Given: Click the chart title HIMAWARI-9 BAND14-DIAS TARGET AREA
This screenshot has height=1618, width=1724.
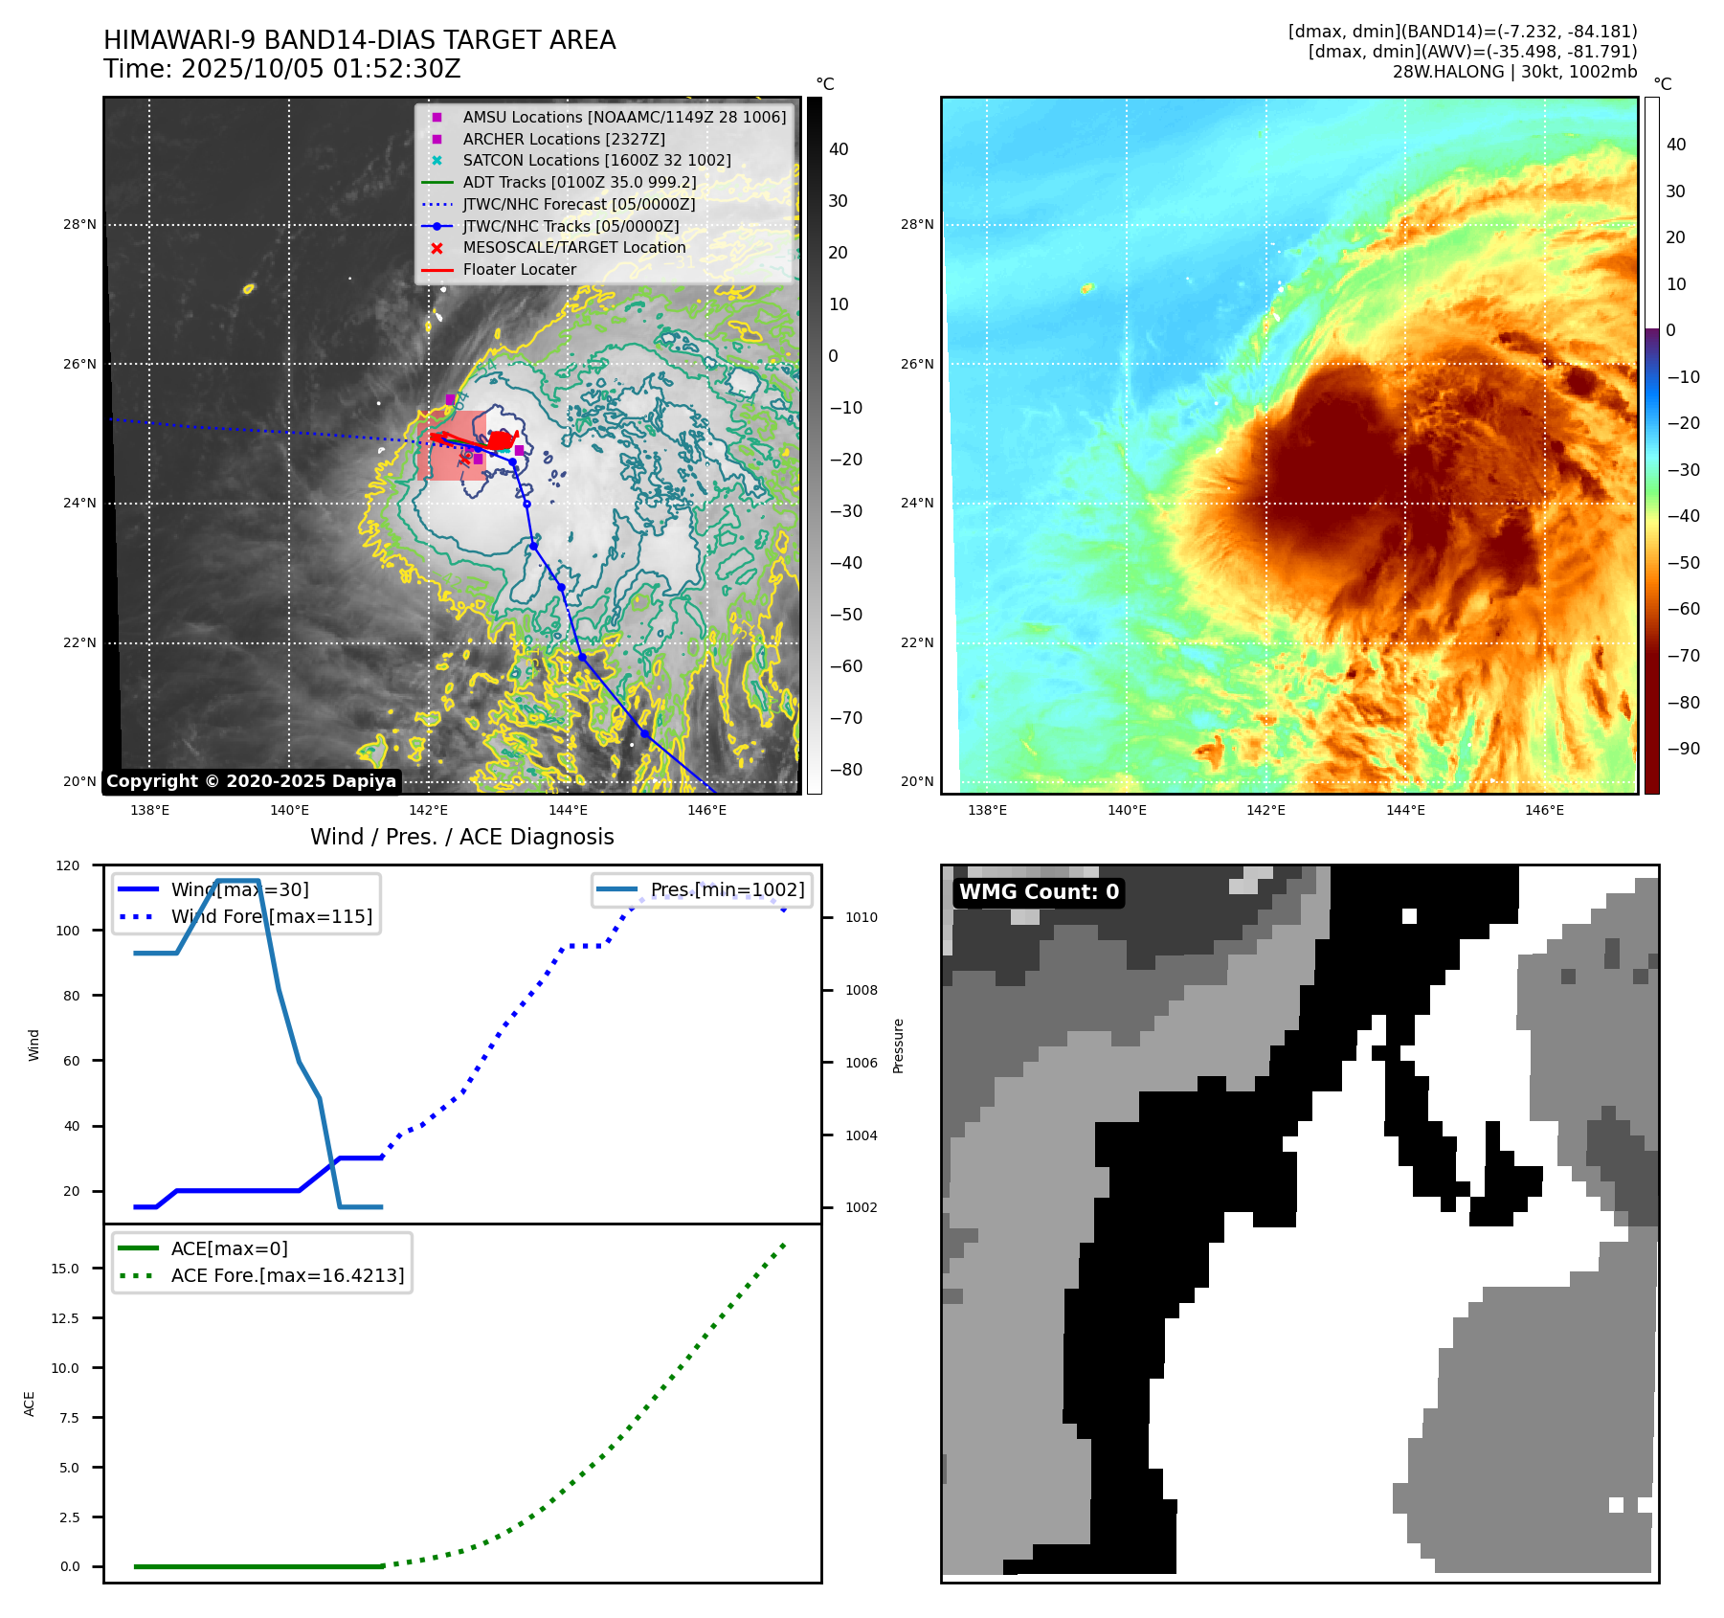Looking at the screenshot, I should (359, 40).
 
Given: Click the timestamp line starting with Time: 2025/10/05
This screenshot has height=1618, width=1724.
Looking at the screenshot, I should (281, 69).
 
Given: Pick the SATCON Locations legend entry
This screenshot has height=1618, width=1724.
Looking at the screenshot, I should (595, 161).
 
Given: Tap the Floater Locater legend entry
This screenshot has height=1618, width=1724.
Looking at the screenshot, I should (519, 270).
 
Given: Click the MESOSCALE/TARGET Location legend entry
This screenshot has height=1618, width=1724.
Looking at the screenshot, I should (573, 248).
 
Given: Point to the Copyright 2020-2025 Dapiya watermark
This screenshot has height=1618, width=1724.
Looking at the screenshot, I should (251, 781).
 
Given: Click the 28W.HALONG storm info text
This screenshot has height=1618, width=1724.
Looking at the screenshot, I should (1514, 72).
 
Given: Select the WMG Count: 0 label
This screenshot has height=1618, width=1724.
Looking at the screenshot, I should (1039, 892).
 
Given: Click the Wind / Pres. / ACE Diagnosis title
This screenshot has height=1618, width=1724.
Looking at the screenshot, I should (461, 837).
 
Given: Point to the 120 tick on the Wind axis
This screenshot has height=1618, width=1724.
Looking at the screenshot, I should (68, 865).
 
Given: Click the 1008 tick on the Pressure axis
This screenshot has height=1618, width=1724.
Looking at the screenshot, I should (861, 990).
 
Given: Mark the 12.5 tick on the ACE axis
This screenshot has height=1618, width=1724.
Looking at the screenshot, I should (65, 1318).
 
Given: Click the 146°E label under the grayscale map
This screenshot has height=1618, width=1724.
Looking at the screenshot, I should (706, 811).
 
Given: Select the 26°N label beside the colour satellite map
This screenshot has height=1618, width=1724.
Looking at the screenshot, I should (916, 364).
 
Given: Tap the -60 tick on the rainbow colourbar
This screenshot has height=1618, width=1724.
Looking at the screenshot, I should (1683, 609).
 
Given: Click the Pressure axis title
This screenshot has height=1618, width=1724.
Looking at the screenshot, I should (898, 1045).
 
